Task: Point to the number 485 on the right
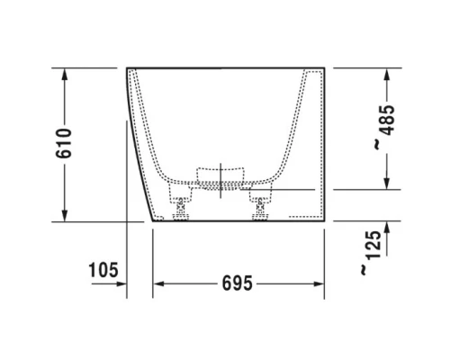385,116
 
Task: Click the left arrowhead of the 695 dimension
158,283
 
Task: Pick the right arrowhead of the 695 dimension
319,283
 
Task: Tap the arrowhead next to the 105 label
120,283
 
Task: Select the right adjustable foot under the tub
264,207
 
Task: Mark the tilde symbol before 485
385,144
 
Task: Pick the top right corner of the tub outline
324,67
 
